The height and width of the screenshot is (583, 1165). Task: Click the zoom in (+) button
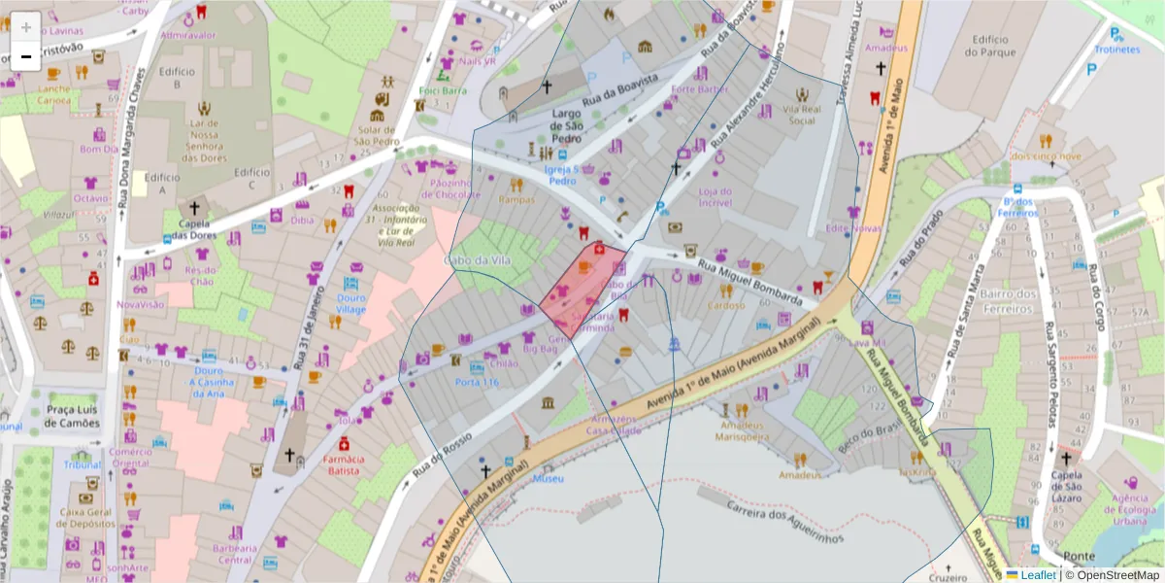(x=26, y=27)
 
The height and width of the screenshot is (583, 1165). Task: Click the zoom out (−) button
(x=26, y=56)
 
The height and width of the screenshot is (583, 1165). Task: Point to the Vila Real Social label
(x=802, y=115)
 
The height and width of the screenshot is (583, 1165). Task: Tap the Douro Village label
(x=351, y=303)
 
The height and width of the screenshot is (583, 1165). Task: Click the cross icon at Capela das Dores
(x=194, y=207)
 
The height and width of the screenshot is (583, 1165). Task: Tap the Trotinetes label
(x=1116, y=49)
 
